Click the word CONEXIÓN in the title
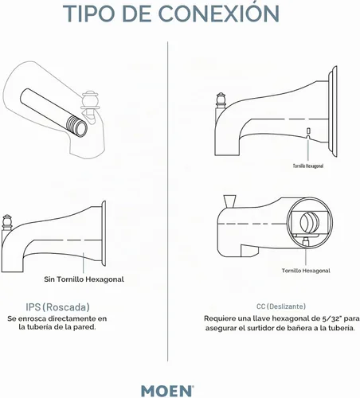pyautogui.click(x=219, y=13)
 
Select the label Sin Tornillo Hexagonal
pyautogui.click(x=84, y=279)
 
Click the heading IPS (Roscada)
pyautogui.click(x=57, y=307)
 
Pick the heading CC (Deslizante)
pyautogui.click(x=281, y=306)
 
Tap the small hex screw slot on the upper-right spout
pyautogui.click(x=308, y=131)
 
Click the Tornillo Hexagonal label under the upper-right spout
pyautogui.click(x=308, y=166)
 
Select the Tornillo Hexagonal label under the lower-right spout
pyautogui.click(x=306, y=271)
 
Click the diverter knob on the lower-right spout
pyautogui.click(x=229, y=201)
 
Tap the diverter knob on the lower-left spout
pyautogui.click(x=7, y=222)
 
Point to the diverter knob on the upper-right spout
pyautogui.click(x=221, y=100)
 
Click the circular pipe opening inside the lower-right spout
pyautogui.click(x=309, y=223)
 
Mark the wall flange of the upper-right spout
pyautogui.click(x=333, y=111)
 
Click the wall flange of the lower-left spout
pyautogui.click(x=104, y=233)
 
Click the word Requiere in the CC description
pyautogui.click(x=217, y=318)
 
